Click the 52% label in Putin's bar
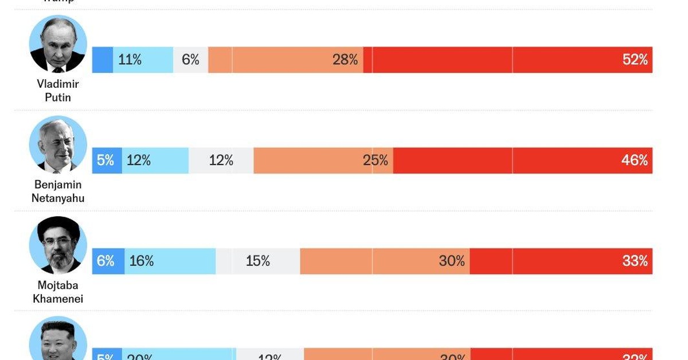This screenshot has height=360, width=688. (635, 60)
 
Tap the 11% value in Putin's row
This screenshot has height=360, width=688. (130, 60)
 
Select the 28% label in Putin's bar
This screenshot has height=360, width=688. (345, 60)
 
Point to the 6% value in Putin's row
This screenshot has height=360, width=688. (190, 60)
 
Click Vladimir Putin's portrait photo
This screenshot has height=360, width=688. (58, 44)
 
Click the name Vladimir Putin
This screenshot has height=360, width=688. (58, 91)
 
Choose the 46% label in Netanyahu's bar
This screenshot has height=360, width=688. (635, 161)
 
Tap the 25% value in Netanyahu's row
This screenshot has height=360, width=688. (376, 161)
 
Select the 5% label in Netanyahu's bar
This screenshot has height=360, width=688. (105, 161)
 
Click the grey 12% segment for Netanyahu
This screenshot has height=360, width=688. (221, 161)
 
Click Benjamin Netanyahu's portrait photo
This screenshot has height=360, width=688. (58, 145)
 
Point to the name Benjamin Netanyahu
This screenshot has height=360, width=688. (58, 191)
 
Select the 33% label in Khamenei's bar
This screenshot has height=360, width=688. (635, 261)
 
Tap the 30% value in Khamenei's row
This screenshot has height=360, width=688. (452, 261)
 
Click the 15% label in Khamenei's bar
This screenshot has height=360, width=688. (258, 261)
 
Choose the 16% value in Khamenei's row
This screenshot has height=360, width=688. (142, 261)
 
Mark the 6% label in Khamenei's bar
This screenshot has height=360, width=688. (105, 261)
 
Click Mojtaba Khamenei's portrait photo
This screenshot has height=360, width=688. (58, 245)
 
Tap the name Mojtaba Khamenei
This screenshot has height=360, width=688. (58, 292)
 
